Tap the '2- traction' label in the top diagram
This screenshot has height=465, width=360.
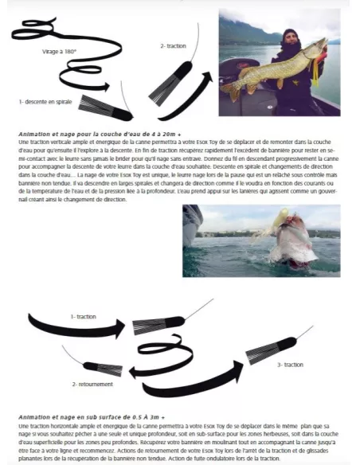[x=173, y=45]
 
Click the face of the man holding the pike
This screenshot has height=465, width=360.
[x=289, y=40]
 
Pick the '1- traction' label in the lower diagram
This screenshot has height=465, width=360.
[x=83, y=316]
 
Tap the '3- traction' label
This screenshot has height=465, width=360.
[x=292, y=364]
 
